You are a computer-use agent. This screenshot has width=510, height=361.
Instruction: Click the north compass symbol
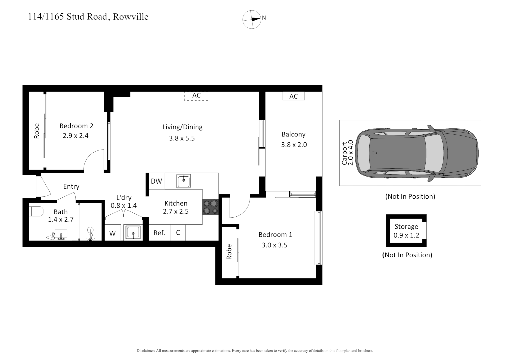pos(252,19)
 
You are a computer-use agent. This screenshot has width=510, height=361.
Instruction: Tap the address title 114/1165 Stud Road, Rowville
pos(88,17)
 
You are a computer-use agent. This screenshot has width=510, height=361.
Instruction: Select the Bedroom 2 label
pos(76,126)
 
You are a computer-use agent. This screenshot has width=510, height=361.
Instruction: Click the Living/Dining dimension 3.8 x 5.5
pos(182,138)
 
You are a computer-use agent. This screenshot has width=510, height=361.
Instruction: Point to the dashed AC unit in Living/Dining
pos(196,96)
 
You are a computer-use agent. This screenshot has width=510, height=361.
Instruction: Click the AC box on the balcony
pos(293,96)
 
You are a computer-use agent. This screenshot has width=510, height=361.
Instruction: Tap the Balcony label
pos(293,134)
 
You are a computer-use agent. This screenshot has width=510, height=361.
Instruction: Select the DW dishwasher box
pos(156,181)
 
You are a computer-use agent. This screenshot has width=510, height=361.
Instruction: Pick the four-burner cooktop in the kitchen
pos(210,207)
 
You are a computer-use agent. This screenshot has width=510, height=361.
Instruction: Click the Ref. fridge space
pos(159,233)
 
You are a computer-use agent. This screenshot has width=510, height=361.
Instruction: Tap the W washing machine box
pos(112,233)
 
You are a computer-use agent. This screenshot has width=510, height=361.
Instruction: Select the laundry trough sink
pos(133,232)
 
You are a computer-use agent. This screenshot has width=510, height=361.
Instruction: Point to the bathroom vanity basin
pos(61,234)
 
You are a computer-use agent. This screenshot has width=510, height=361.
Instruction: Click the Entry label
pos(71,186)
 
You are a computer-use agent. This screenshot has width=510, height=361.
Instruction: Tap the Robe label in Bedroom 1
pos(229,252)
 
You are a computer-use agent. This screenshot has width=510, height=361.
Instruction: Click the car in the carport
pos(417,153)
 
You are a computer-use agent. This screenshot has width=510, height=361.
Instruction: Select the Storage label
pos(406,226)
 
